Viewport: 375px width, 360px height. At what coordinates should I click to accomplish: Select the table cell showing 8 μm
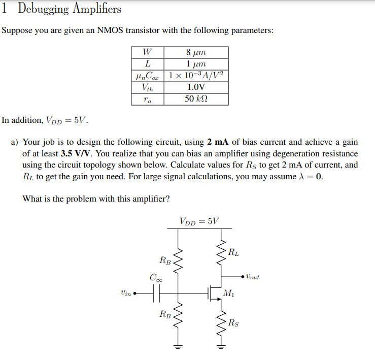pos(195,52)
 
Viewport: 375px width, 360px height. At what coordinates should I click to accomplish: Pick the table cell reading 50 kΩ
pos(195,99)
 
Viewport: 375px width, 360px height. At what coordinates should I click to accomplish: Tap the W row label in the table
pos(147,52)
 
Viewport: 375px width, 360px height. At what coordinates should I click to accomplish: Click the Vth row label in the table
pos(147,87)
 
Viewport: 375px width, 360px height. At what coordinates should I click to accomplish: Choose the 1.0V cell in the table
pos(195,87)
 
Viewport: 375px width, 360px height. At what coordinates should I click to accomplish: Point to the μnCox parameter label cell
pos(147,76)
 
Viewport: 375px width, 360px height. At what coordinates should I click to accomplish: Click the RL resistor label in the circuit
pos(233,251)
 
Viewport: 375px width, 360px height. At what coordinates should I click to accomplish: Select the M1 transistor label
pos(229,294)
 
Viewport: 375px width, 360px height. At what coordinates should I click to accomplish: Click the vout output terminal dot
pos(243,277)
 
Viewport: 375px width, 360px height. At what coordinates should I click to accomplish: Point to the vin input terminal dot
pos(135,293)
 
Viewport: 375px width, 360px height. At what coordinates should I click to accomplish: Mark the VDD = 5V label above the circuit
pos(199,221)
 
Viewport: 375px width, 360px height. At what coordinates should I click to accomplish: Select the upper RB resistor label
pos(165,260)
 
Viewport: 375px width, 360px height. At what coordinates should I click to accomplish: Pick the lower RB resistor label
pos(165,314)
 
